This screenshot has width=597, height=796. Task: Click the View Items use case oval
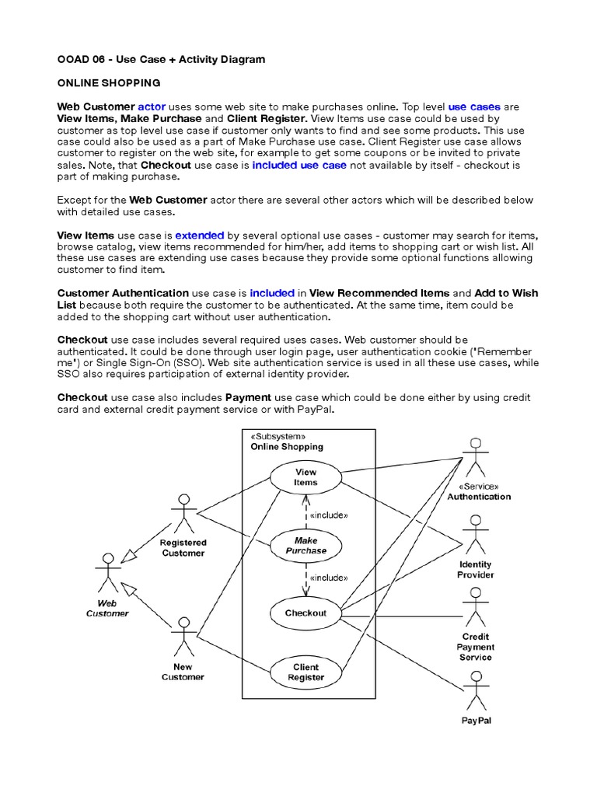coord(305,477)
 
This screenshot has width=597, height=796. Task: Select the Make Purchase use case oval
coord(305,546)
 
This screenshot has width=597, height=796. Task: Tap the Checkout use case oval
coord(305,613)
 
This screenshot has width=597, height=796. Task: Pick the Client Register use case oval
coord(305,672)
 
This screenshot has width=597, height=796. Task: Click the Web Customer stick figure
coord(108,574)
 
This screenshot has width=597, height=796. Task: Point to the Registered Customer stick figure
coord(183,513)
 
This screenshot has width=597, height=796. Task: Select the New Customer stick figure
coord(183,637)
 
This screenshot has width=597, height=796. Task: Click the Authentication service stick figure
coord(475,458)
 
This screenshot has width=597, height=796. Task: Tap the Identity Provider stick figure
coord(475,535)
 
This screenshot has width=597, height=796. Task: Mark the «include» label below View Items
coord(328,515)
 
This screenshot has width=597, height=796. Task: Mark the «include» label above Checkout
coord(328,578)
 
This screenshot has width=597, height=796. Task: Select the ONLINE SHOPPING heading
coord(109,82)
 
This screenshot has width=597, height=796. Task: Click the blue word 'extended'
coord(200,235)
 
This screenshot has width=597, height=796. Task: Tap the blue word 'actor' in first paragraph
coord(152,106)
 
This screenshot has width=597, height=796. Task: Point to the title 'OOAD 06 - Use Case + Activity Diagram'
coord(161,59)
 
